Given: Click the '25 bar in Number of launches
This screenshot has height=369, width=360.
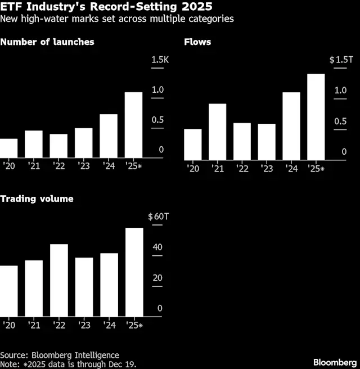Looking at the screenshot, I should pos(133,125).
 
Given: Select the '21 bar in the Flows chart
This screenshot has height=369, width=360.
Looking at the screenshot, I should pos(217,132).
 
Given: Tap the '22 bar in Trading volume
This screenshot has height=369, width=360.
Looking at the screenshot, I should pos(59,281).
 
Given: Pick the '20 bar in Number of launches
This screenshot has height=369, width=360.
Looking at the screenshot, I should pos(8,148).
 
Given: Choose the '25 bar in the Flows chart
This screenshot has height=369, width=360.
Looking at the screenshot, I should pos(316,117).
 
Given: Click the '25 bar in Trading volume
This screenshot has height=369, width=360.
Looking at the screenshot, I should pos(134,273).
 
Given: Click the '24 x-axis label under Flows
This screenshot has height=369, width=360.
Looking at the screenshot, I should pos(291,169).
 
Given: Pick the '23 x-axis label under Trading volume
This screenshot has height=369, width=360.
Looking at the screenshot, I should pos(84,325).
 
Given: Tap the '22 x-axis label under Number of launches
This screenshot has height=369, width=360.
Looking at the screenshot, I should pos(58,166).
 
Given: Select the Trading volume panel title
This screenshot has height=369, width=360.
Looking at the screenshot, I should pos(37,199).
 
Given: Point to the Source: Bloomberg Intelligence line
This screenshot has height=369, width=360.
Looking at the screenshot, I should pos(60,355).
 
